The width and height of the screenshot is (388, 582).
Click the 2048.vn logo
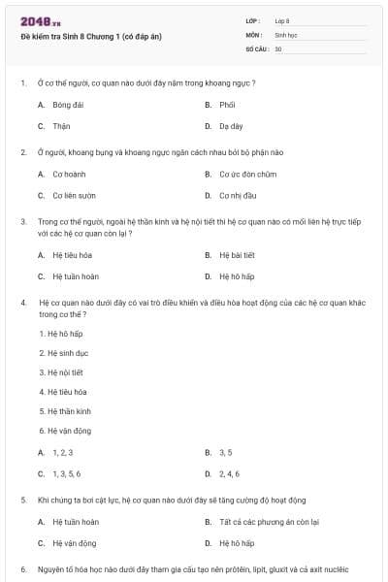(x=40, y=20)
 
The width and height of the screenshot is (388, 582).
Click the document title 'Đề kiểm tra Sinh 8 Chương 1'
(x=77, y=35)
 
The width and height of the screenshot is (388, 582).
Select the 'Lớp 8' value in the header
(x=282, y=20)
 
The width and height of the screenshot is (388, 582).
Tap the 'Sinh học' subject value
(x=285, y=34)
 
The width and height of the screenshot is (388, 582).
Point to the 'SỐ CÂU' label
(x=255, y=48)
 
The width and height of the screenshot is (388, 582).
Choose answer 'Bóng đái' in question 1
(x=69, y=105)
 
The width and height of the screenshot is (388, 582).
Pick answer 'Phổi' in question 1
(x=228, y=105)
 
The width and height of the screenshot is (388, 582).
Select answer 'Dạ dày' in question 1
(x=230, y=126)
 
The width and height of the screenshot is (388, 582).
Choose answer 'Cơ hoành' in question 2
(x=69, y=175)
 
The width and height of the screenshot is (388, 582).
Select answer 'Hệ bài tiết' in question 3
(x=236, y=255)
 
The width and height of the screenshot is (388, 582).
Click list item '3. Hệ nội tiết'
(x=61, y=372)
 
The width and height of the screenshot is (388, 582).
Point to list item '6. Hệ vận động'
(x=65, y=430)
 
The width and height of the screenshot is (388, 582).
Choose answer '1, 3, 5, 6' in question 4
(x=66, y=473)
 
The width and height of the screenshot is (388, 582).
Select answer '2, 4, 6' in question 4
(x=229, y=473)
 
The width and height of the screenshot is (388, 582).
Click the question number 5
(x=23, y=500)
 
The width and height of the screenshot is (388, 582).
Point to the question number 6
(x=23, y=569)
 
